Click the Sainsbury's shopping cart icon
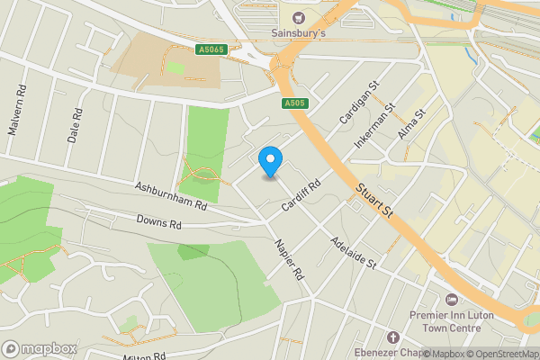click(298, 17)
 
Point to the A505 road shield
click(293, 103)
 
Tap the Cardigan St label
click(355, 109)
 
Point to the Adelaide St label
click(352, 256)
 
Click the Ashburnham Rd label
click(171, 195)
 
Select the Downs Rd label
click(159, 221)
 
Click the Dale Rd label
click(76, 127)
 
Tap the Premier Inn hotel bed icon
click(452, 299)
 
